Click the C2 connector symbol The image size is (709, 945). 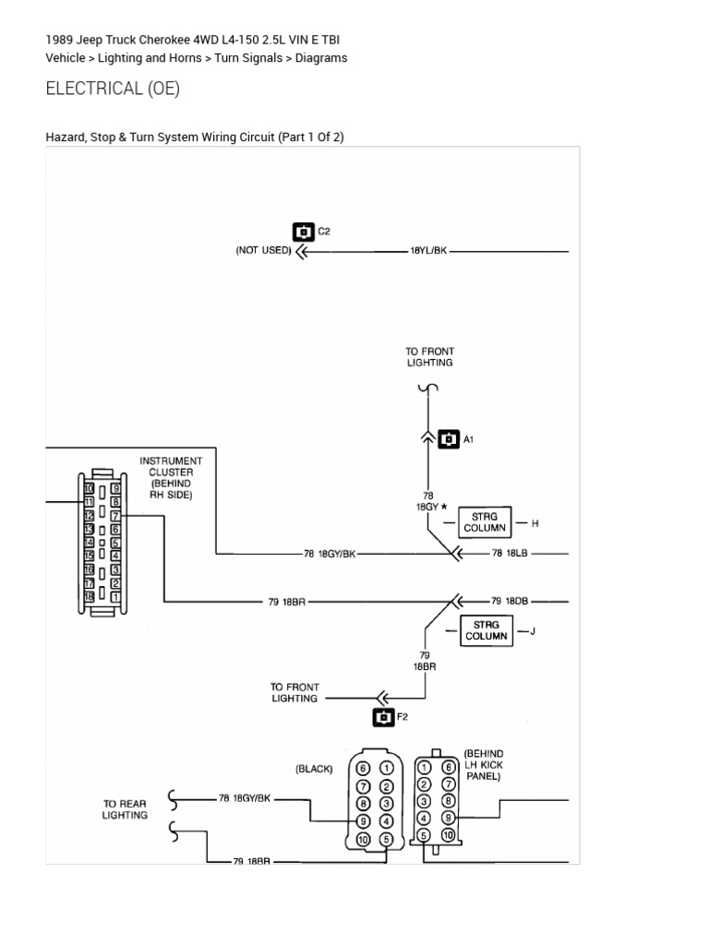304,232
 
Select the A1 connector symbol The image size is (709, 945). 449,439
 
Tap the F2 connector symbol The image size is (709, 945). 383,717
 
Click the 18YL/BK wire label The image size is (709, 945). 428,251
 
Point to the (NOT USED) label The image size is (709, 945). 263,250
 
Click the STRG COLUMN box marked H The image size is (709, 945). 485,522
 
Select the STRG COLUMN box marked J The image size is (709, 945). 487,630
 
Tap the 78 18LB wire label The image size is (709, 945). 510,554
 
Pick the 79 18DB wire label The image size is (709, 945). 510,601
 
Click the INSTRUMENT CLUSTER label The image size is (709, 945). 171,477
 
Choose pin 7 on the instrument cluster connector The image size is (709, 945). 115,516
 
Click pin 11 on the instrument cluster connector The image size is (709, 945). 90,501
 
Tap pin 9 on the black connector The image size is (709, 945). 363,820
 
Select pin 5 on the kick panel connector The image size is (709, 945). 425,835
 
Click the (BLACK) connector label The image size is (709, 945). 314,769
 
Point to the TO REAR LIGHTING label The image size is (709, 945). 125,809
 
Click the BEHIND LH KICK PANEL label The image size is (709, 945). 484,765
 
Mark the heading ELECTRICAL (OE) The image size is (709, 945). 113,89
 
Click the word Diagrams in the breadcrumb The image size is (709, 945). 320,58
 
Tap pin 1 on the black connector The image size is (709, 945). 386,769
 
